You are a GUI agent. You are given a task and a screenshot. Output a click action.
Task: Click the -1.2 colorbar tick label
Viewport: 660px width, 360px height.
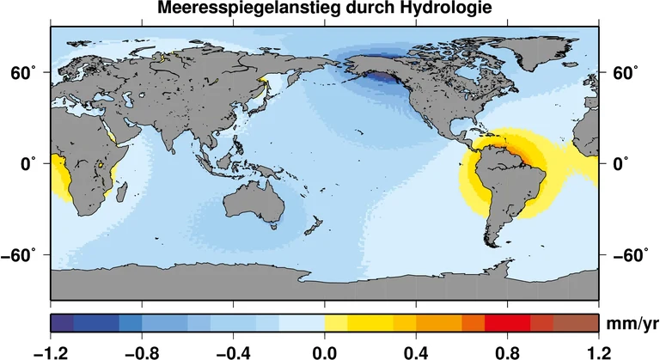pos(51,351)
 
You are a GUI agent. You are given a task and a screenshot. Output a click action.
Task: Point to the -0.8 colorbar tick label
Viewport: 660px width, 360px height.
pos(142,351)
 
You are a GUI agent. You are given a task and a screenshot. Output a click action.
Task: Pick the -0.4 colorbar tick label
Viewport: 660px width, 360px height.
pos(233,351)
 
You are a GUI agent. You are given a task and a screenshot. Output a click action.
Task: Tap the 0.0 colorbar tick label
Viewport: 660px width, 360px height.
pos(324,351)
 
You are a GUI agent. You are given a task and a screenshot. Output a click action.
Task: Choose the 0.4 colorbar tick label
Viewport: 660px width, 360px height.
pos(416,351)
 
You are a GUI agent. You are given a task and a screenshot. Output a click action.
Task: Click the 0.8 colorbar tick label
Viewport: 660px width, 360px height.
pos(507,351)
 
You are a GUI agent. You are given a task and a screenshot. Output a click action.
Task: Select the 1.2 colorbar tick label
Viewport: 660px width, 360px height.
pos(598,351)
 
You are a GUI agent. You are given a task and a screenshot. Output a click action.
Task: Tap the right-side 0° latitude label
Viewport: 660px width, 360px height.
pos(620,163)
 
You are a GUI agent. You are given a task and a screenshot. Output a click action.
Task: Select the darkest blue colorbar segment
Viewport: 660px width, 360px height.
pos(62,323)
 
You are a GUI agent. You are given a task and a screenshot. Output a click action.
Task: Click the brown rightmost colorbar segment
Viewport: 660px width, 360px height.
pos(576,323)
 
